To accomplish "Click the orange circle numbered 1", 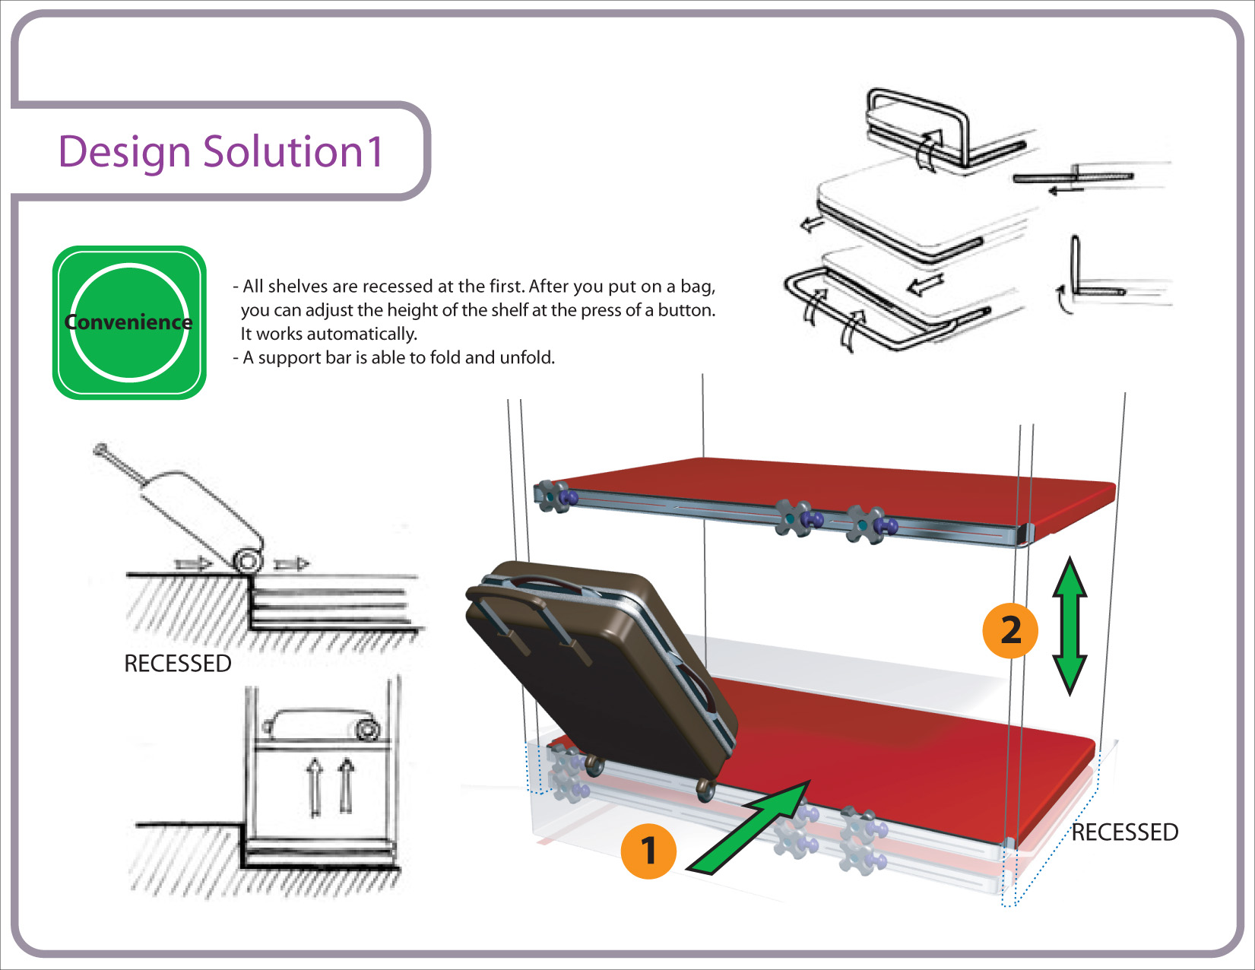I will [648, 851].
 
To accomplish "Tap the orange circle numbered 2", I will [1010, 630].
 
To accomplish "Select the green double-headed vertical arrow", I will [1070, 626].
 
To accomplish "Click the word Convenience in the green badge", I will [128, 322].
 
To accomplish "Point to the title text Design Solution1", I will [220, 151].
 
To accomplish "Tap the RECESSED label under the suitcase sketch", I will [177, 664].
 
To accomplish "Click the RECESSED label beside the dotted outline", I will [1124, 832].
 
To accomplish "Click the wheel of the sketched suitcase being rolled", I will [249, 561].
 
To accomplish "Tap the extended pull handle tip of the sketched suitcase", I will [100, 449].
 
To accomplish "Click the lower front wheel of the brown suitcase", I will [705, 790].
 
